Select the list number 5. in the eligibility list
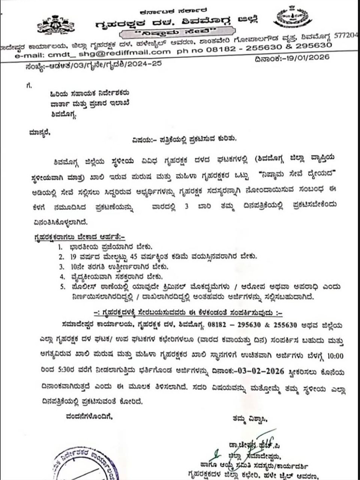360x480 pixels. (x=61, y=287)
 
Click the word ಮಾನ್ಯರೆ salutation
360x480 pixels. (x=39, y=132)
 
